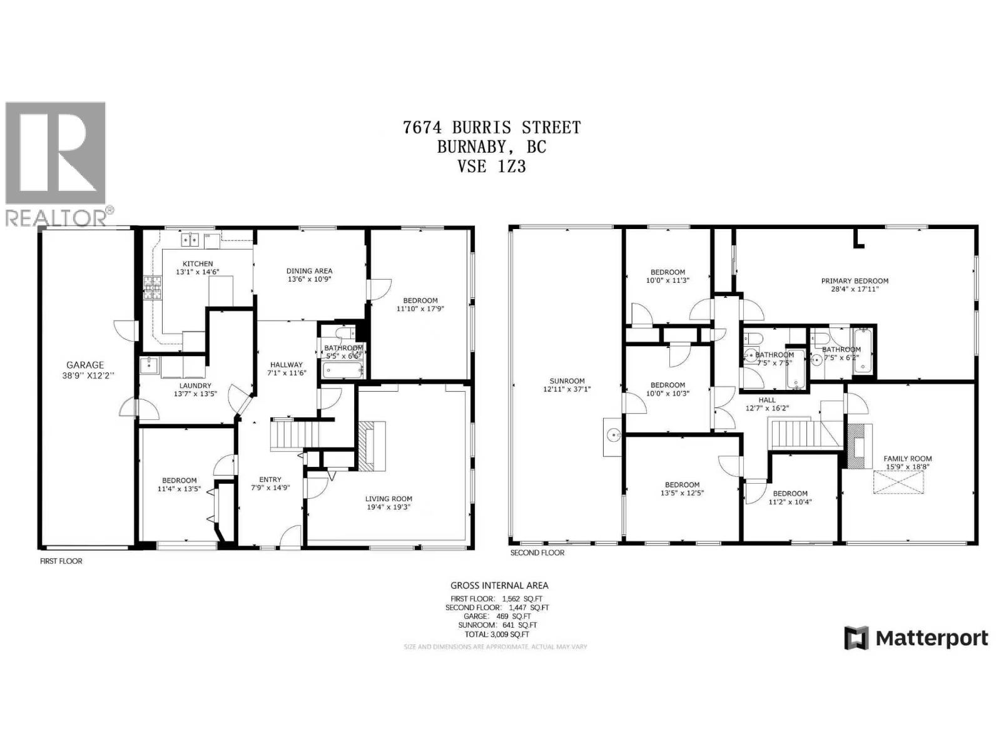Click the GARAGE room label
click(x=85, y=365)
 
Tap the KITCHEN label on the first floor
click(x=197, y=263)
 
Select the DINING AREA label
click(x=309, y=271)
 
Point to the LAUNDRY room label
click(x=195, y=386)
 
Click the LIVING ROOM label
click(x=389, y=499)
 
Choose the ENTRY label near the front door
click(x=270, y=479)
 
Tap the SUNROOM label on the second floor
click(x=567, y=381)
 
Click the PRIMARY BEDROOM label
click(x=855, y=281)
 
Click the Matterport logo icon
click(x=857, y=638)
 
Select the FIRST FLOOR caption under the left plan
click(x=61, y=561)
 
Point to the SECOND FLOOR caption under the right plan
click(x=537, y=553)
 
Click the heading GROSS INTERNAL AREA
click(x=499, y=586)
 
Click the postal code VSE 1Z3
click(x=491, y=166)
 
